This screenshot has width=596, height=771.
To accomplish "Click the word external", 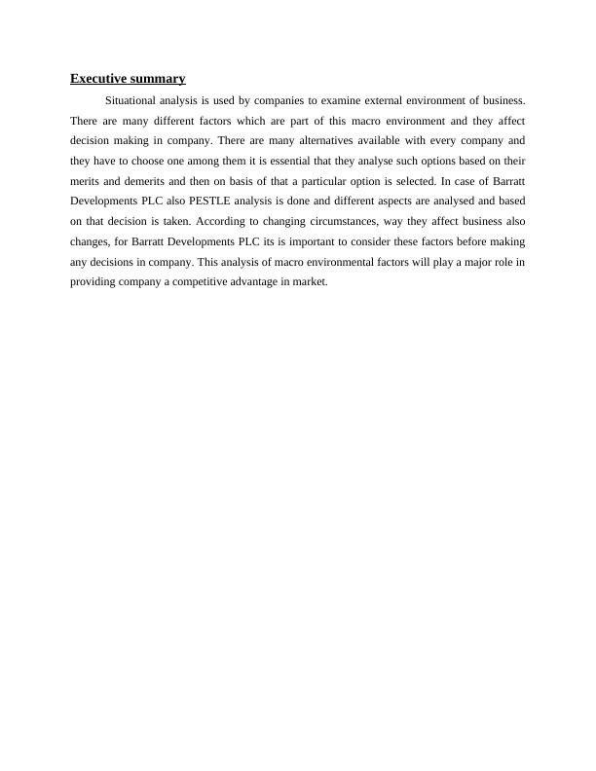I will point(378,100).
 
